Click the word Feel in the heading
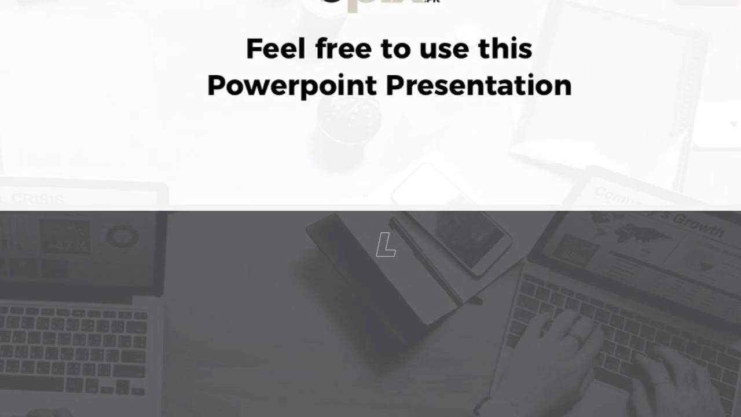coord(275,49)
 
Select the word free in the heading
coord(344,49)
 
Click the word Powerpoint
coord(292,86)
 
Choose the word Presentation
coord(479,86)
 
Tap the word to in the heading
coord(395,49)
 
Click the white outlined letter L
coord(386,245)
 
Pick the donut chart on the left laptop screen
coord(122,236)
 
